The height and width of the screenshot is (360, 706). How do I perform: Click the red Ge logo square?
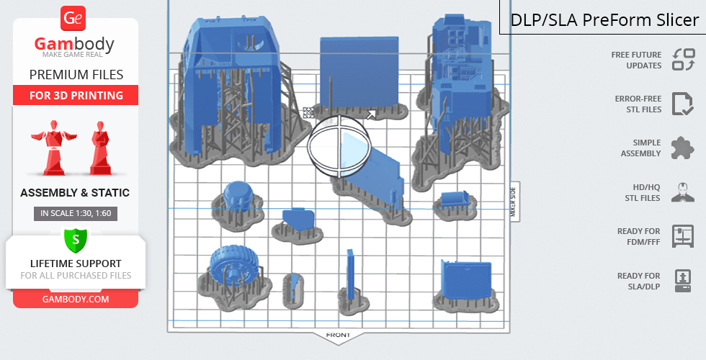pos(74,17)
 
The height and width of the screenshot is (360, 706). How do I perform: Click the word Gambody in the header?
pos(74,45)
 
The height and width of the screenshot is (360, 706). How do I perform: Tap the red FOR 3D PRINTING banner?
pos(76,95)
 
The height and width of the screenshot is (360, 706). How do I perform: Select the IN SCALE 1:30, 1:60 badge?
pos(76,213)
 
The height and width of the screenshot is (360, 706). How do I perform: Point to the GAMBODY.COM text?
pos(76,298)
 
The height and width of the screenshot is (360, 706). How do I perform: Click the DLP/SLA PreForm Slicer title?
pos(604,20)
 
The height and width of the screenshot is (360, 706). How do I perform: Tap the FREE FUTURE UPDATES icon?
pos(683,60)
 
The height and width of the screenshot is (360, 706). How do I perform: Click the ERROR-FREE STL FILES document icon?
pos(683,104)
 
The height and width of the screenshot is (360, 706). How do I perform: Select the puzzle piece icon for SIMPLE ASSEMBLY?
pos(683,148)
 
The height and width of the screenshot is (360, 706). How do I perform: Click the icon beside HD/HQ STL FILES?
pos(683,192)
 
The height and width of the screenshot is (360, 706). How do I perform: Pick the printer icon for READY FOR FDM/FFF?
pos(683,236)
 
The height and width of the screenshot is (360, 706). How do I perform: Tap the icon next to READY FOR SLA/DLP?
pos(683,281)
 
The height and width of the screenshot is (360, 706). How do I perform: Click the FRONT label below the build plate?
pos(338,336)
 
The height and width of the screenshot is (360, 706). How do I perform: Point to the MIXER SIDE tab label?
pos(514,202)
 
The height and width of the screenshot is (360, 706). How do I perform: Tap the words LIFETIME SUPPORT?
pos(76,264)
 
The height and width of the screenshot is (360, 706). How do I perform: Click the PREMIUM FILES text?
pos(76,75)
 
